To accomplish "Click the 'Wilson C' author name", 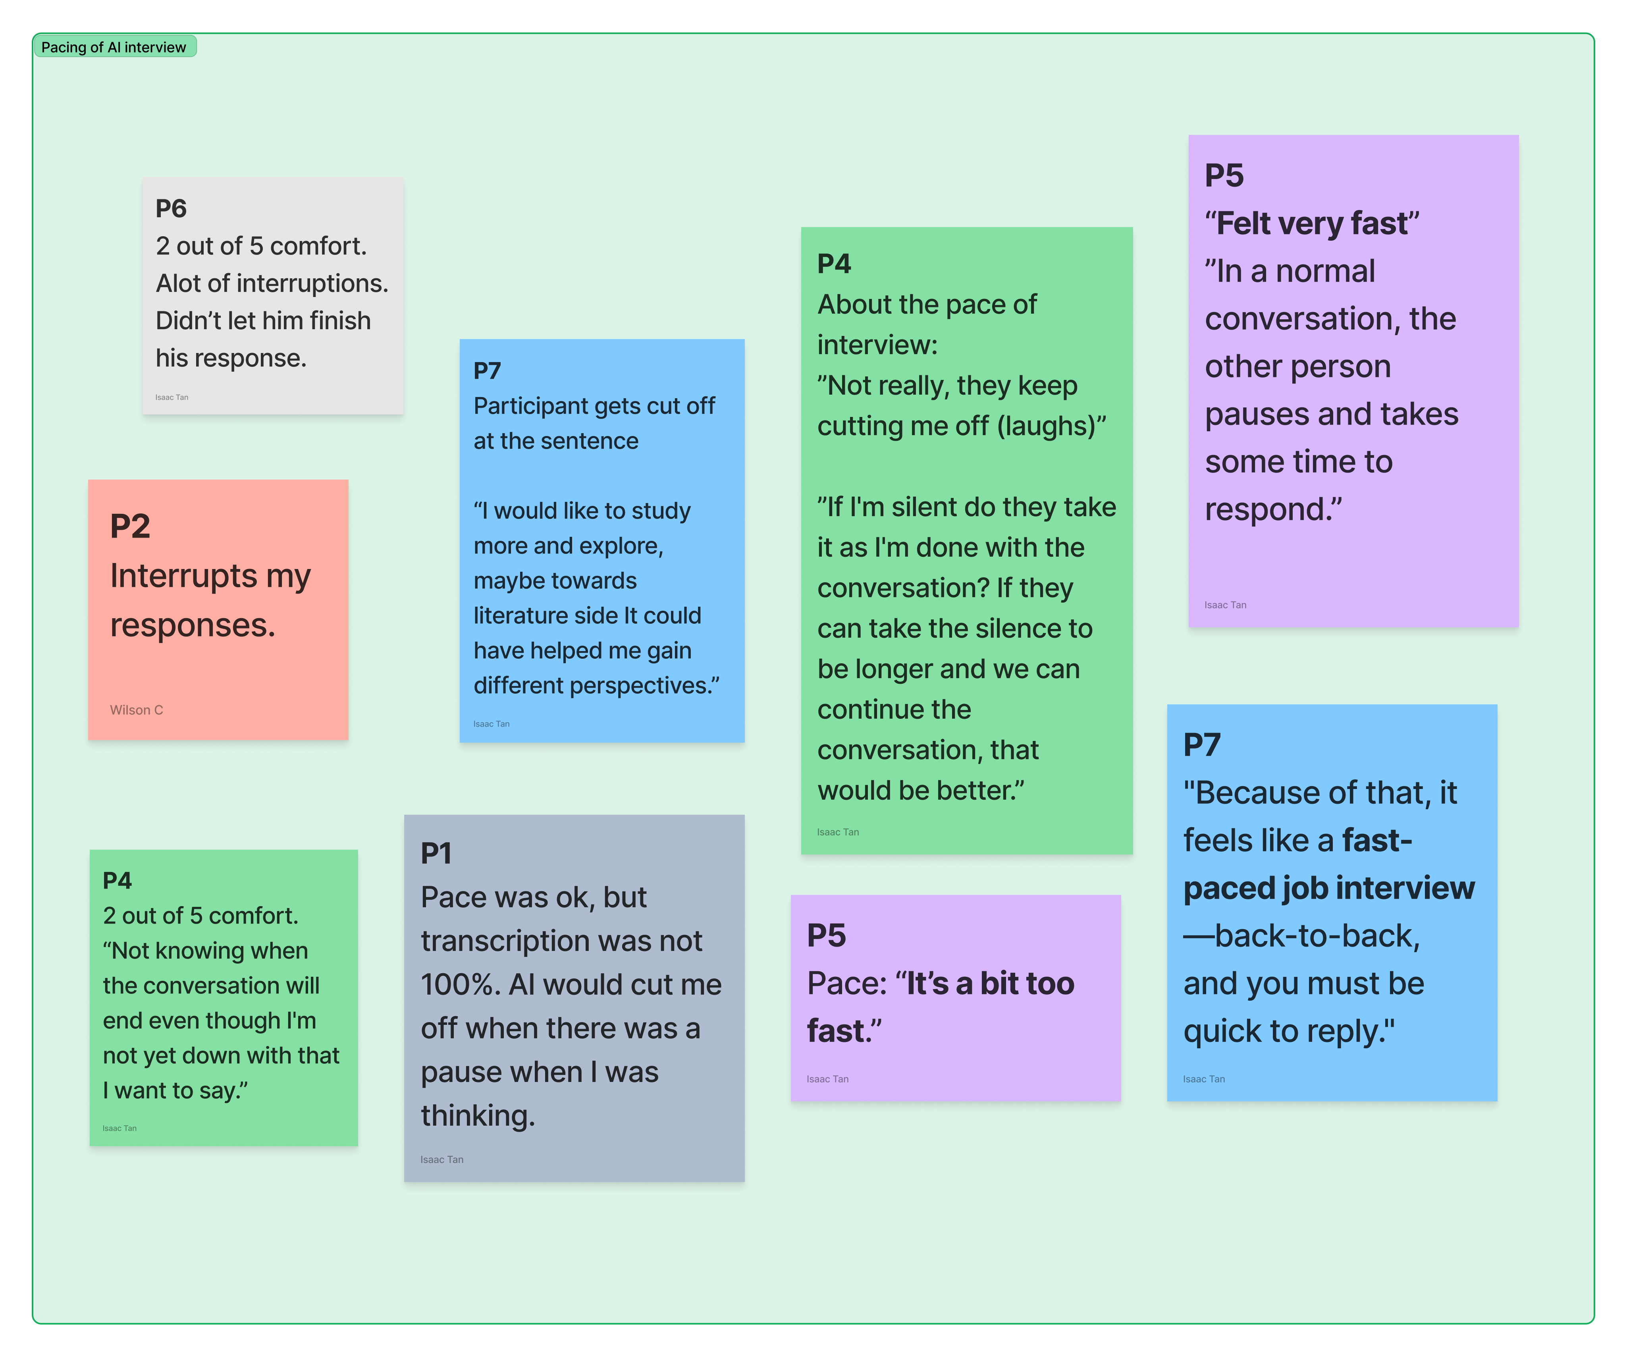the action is [x=136, y=710].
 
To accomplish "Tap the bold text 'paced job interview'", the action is [x=1329, y=888].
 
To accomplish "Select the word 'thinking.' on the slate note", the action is [x=478, y=1116].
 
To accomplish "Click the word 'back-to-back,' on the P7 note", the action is [x=1317, y=936].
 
